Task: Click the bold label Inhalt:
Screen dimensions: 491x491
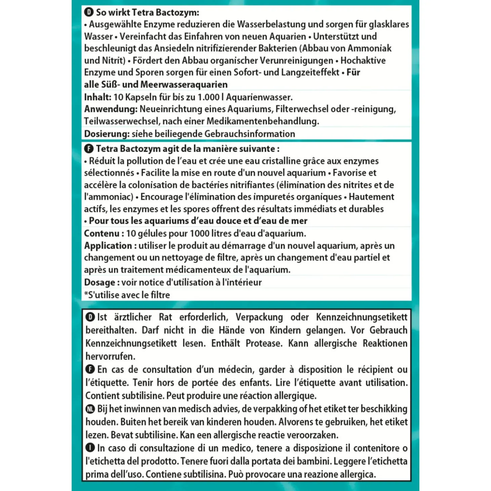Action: (97, 97)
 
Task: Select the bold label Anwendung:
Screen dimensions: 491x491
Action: (111, 109)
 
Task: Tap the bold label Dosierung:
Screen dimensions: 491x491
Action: (107, 134)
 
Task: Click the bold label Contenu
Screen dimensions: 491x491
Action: (102, 233)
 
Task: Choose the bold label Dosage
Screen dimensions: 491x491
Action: (100, 282)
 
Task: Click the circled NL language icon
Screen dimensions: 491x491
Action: (90, 409)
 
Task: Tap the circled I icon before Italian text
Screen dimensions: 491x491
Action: (90, 448)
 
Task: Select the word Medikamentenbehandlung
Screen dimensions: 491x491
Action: (263, 121)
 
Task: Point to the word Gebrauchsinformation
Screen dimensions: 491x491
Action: (250, 134)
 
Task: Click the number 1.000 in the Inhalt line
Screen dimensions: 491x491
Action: (208, 97)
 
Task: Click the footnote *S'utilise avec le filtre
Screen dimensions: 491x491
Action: (127, 295)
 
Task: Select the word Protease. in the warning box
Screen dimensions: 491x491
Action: (263, 343)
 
